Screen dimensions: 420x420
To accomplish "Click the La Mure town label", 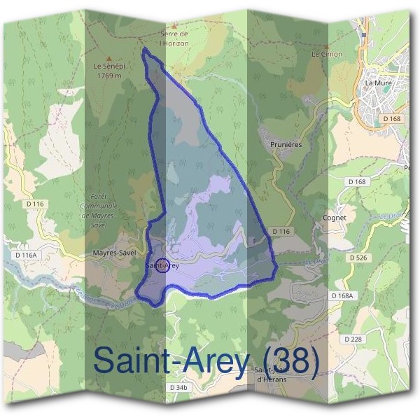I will tap(378, 83).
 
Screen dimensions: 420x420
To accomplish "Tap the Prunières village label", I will tap(285, 144).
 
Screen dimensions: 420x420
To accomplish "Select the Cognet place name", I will tap(335, 218).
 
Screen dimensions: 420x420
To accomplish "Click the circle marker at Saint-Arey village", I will tap(161, 265).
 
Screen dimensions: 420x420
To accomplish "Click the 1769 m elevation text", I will tap(108, 75).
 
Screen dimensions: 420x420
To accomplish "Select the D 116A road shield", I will tap(25, 255).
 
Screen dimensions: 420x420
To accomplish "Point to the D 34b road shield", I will tap(179, 387).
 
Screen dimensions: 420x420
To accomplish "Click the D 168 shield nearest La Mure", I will tap(392, 119).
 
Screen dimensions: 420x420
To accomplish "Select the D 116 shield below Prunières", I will tap(281, 231).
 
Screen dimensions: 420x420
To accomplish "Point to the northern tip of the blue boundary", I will tap(144, 50).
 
